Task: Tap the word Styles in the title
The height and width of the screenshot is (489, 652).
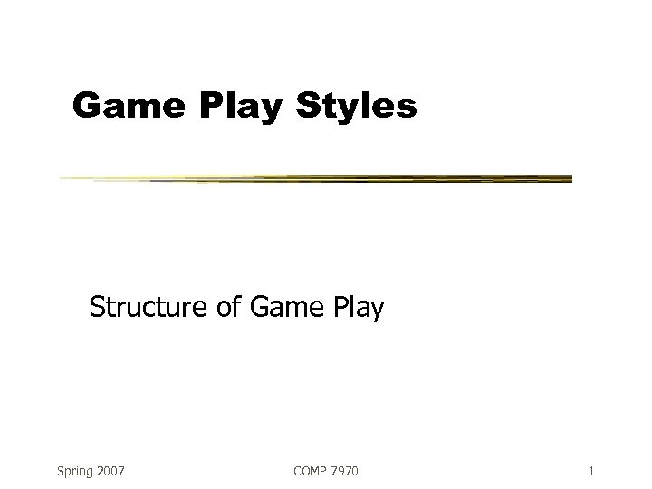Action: pos(358,107)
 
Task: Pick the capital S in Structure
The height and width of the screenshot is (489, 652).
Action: pos(97,309)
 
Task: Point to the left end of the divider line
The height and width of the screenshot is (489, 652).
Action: pos(62,178)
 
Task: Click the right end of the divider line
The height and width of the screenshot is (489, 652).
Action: pos(570,178)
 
